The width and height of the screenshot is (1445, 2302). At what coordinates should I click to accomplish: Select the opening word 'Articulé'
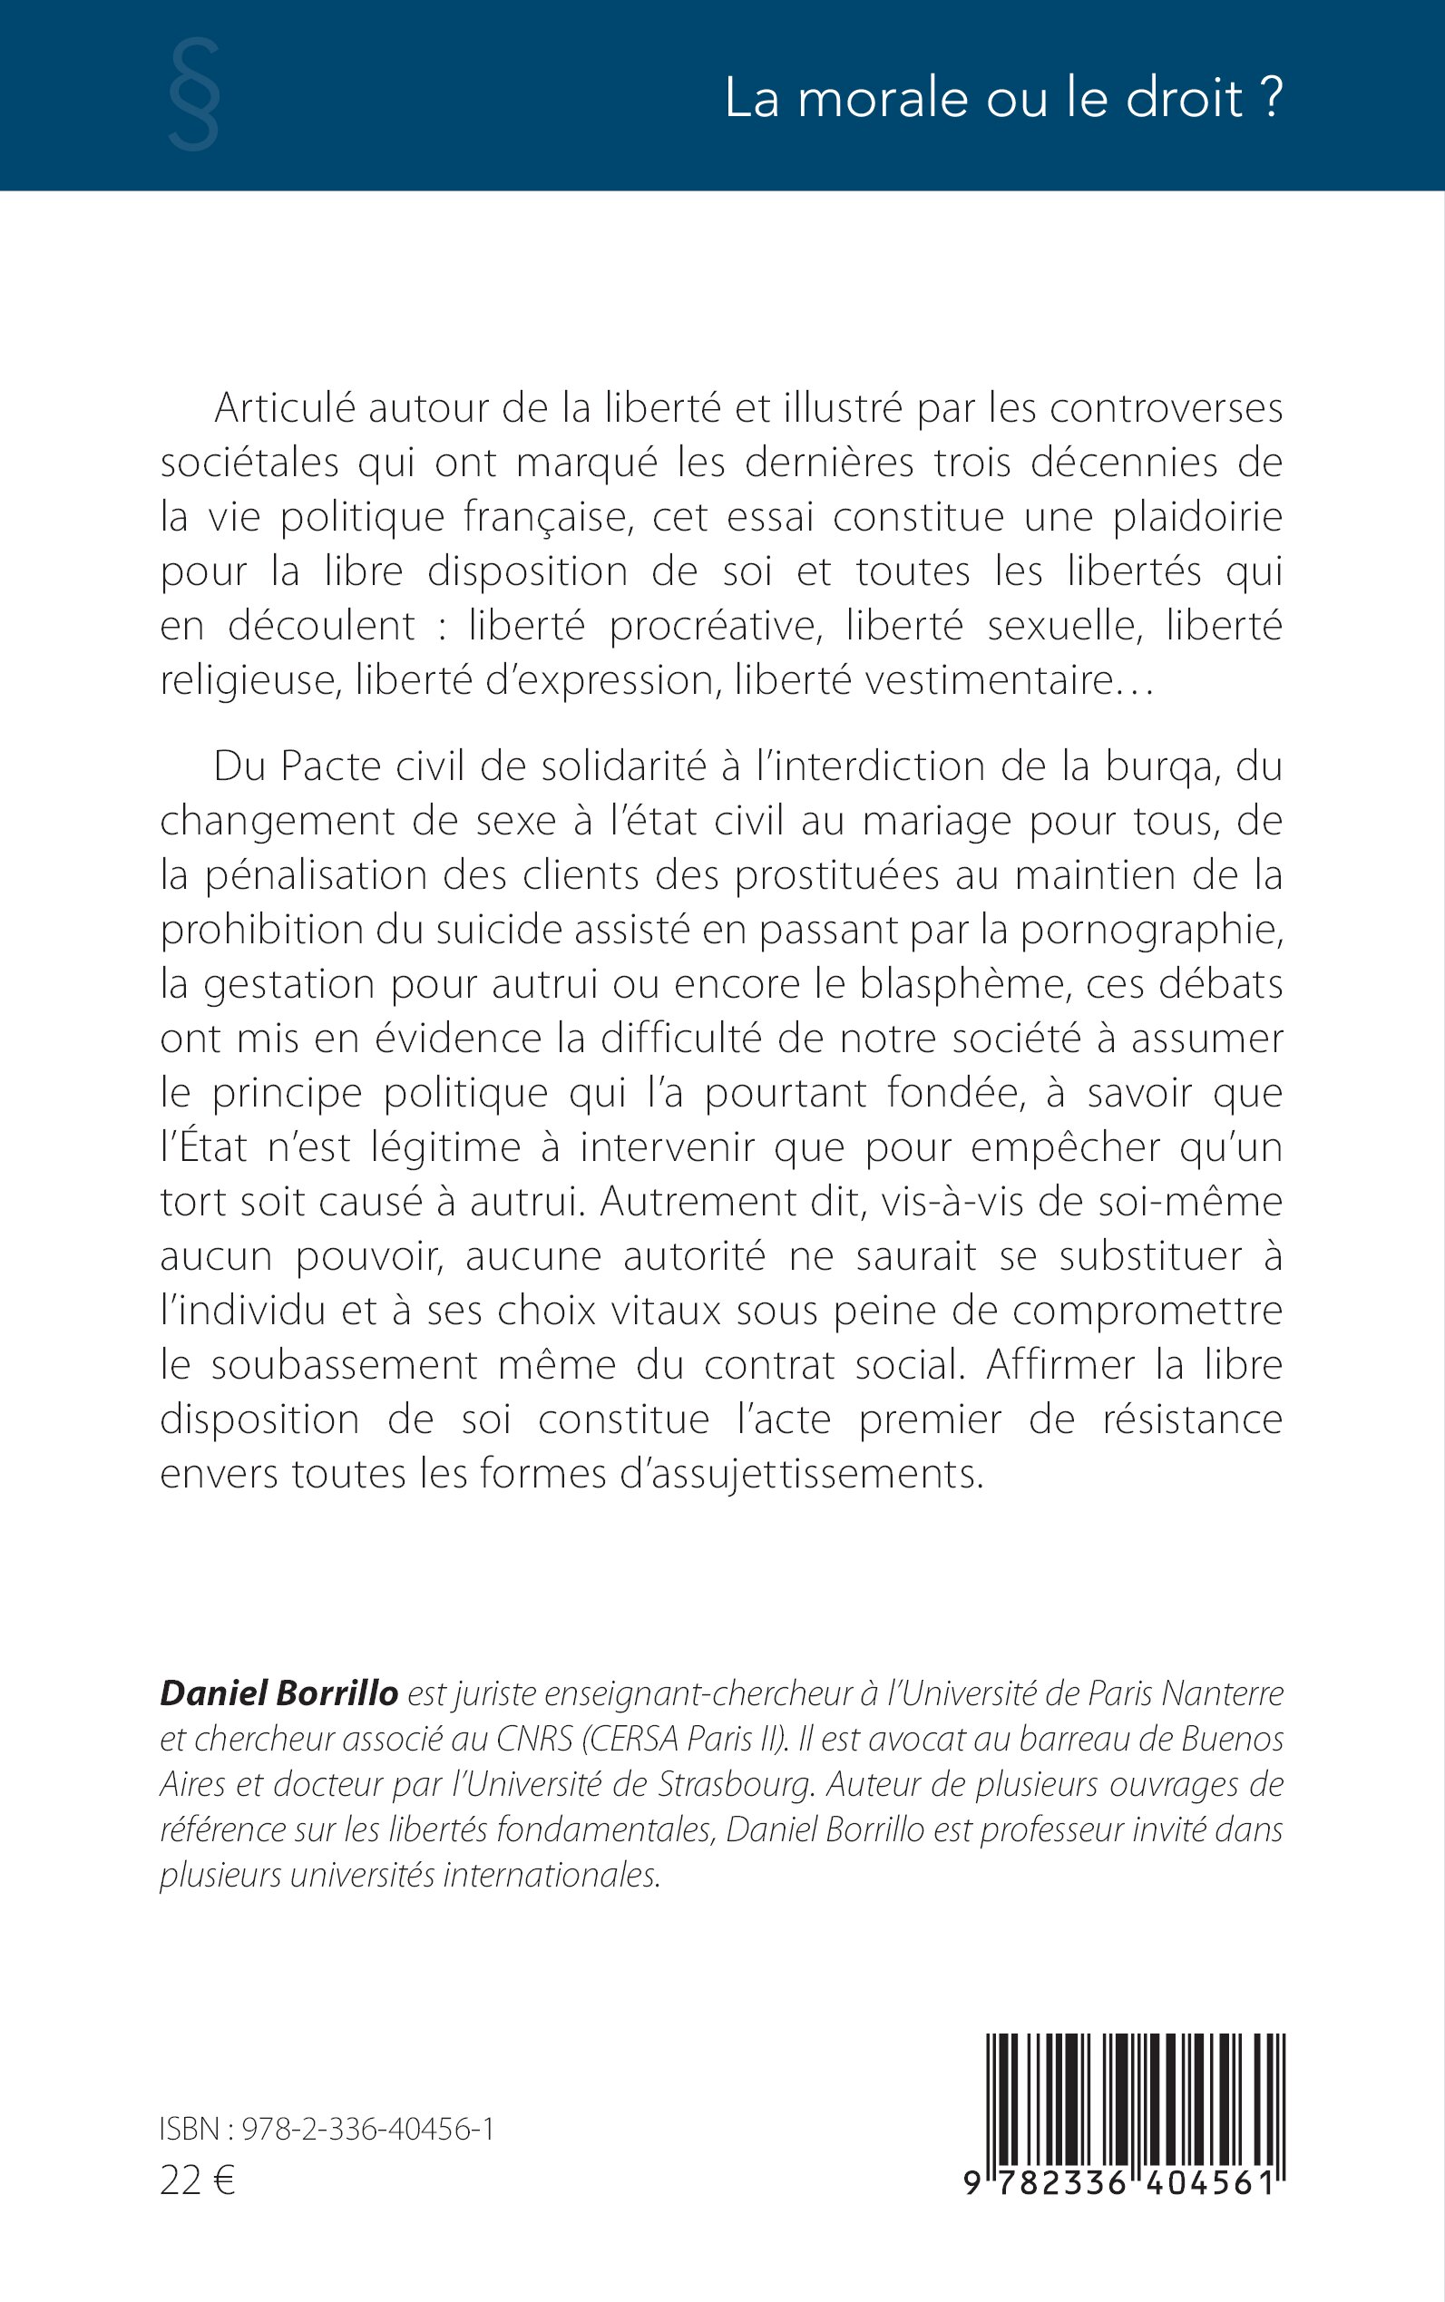(x=284, y=409)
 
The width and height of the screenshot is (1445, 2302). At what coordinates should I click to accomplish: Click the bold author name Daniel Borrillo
(x=278, y=1692)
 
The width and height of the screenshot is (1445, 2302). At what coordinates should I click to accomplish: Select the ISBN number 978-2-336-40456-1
(x=367, y=2128)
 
